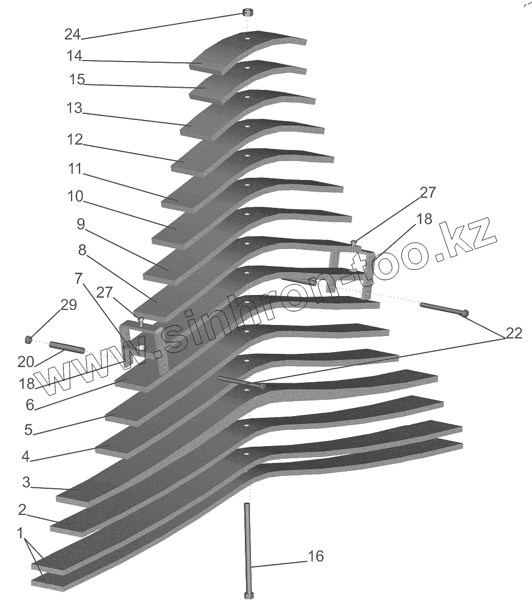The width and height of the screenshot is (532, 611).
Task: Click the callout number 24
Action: (73, 34)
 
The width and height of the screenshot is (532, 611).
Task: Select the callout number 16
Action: (315, 557)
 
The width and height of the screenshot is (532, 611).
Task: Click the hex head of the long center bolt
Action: (248, 596)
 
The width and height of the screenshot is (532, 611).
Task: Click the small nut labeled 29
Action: (28, 339)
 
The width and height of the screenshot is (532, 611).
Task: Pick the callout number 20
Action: (26, 362)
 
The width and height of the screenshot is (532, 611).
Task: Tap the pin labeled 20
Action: (67, 348)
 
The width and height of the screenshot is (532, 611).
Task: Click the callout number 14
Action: (74, 56)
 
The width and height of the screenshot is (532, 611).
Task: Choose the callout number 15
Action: (77, 80)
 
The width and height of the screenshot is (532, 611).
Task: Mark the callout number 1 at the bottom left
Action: (20, 534)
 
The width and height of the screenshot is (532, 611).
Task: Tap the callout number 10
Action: (76, 196)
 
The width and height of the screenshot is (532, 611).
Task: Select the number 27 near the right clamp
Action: (428, 193)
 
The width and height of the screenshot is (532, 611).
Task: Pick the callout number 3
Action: (26, 482)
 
